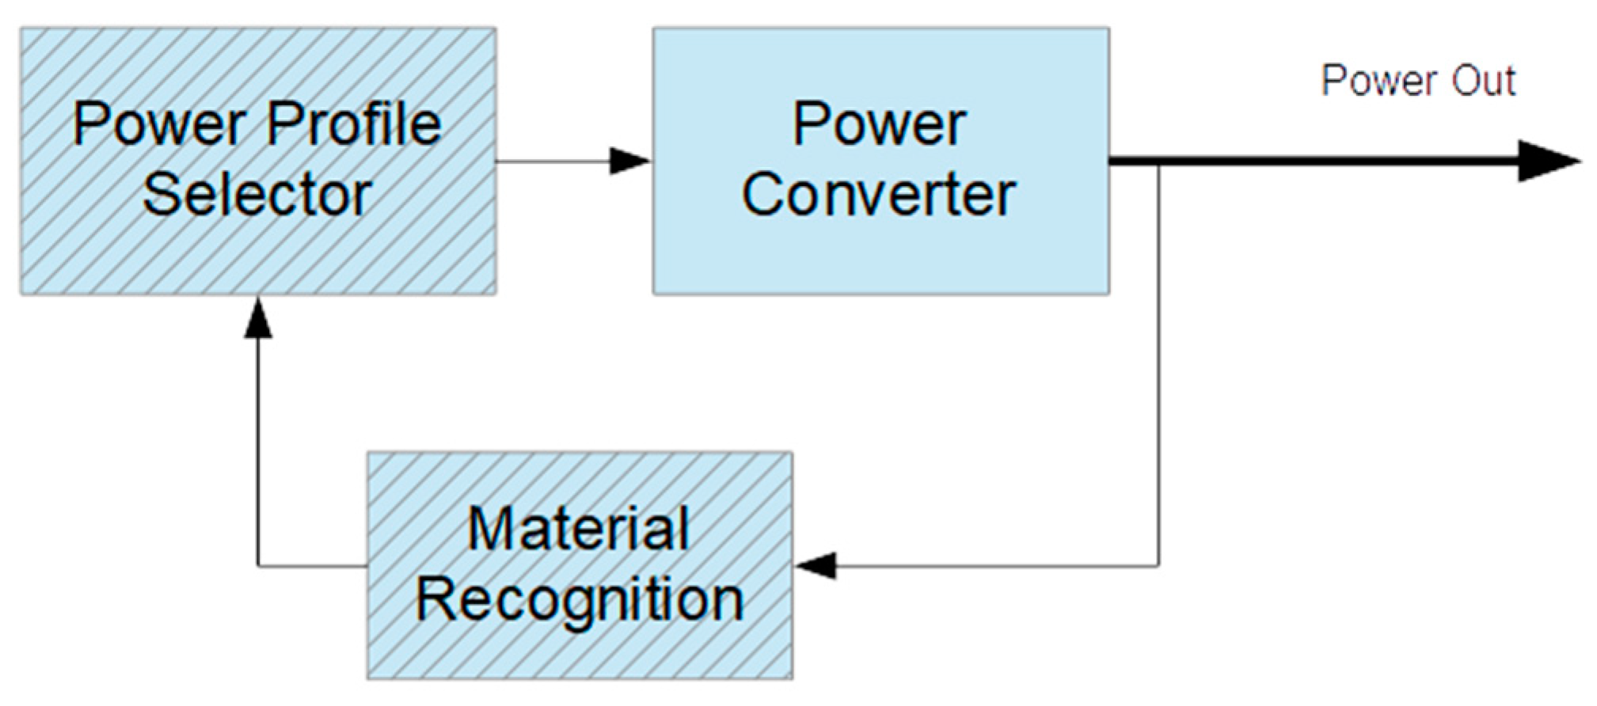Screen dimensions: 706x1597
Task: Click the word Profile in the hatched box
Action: (x=353, y=125)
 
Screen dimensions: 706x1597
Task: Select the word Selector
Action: (x=257, y=195)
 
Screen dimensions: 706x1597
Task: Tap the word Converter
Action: (x=878, y=195)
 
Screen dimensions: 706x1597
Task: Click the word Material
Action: (x=578, y=529)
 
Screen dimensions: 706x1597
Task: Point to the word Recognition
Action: (x=580, y=600)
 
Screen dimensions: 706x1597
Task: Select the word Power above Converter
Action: (x=879, y=125)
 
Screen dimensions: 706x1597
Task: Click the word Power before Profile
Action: (x=158, y=125)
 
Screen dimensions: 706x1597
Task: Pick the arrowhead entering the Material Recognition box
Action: (x=816, y=566)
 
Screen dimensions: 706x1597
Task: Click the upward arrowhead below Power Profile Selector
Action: (x=258, y=318)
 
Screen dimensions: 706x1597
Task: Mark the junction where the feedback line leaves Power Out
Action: (x=1158, y=163)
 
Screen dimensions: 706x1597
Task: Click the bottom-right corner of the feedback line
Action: (x=1158, y=566)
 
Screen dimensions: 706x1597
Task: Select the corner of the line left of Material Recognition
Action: (x=258, y=566)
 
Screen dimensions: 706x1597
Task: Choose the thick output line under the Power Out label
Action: (x=1346, y=161)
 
